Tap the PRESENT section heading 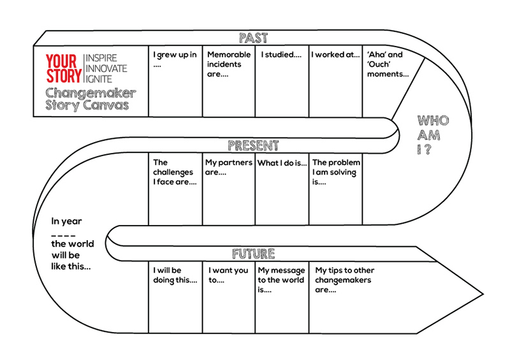click(x=253, y=146)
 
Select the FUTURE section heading click(x=253, y=254)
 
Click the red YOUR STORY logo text click(x=63, y=69)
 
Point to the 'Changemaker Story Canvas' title click(x=90, y=99)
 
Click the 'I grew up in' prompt click(x=175, y=59)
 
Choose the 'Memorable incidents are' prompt click(x=229, y=64)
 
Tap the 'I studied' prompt click(x=281, y=55)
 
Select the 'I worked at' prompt click(x=335, y=55)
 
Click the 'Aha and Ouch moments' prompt click(x=388, y=64)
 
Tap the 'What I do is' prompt click(x=282, y=163)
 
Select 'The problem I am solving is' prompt click(x=336, y=172)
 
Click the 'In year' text click(x=66, y=222)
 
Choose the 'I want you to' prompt click(x=228, y=275)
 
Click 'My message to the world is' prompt click(x=281, y=280)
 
